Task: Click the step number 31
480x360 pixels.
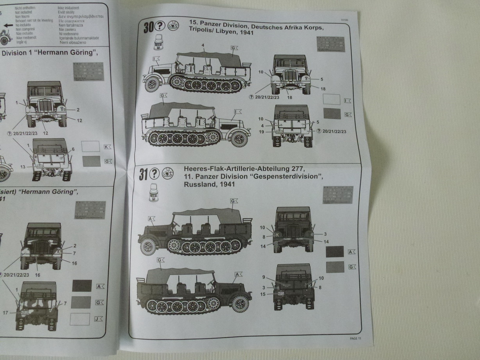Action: tap(144, 175)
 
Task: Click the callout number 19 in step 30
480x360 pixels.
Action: tap(261, 132)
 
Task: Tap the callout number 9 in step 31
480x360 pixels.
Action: tap(264, 277)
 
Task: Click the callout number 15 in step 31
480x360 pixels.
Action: tap(264, 294)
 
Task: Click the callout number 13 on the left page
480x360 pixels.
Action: tap(23, 167)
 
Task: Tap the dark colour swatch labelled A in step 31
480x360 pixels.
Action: tap(335, 251)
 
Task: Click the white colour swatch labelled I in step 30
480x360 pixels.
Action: tap(332, 99)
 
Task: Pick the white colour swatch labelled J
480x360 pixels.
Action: tap(80, 319)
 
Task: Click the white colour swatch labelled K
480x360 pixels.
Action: tap(91, 146)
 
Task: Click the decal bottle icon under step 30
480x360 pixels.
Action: tap(159, 42)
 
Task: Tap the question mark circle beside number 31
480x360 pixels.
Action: tap(155, 174)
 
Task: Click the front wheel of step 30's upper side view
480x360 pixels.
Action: tap(152, 84)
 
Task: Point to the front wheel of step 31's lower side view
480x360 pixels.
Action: tap(240, 304)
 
